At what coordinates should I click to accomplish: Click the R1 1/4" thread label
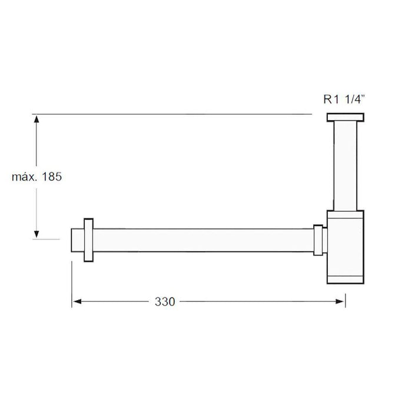coord(344,100)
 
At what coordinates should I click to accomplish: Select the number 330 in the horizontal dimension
coord(165,301)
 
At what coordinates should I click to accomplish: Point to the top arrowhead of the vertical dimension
coord(36,120)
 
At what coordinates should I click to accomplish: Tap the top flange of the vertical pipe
coord(345,117)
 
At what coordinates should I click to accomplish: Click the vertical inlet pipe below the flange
coord(345,165)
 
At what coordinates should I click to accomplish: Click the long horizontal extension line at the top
coord(171,114)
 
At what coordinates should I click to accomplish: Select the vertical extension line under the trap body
coord(345,294)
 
